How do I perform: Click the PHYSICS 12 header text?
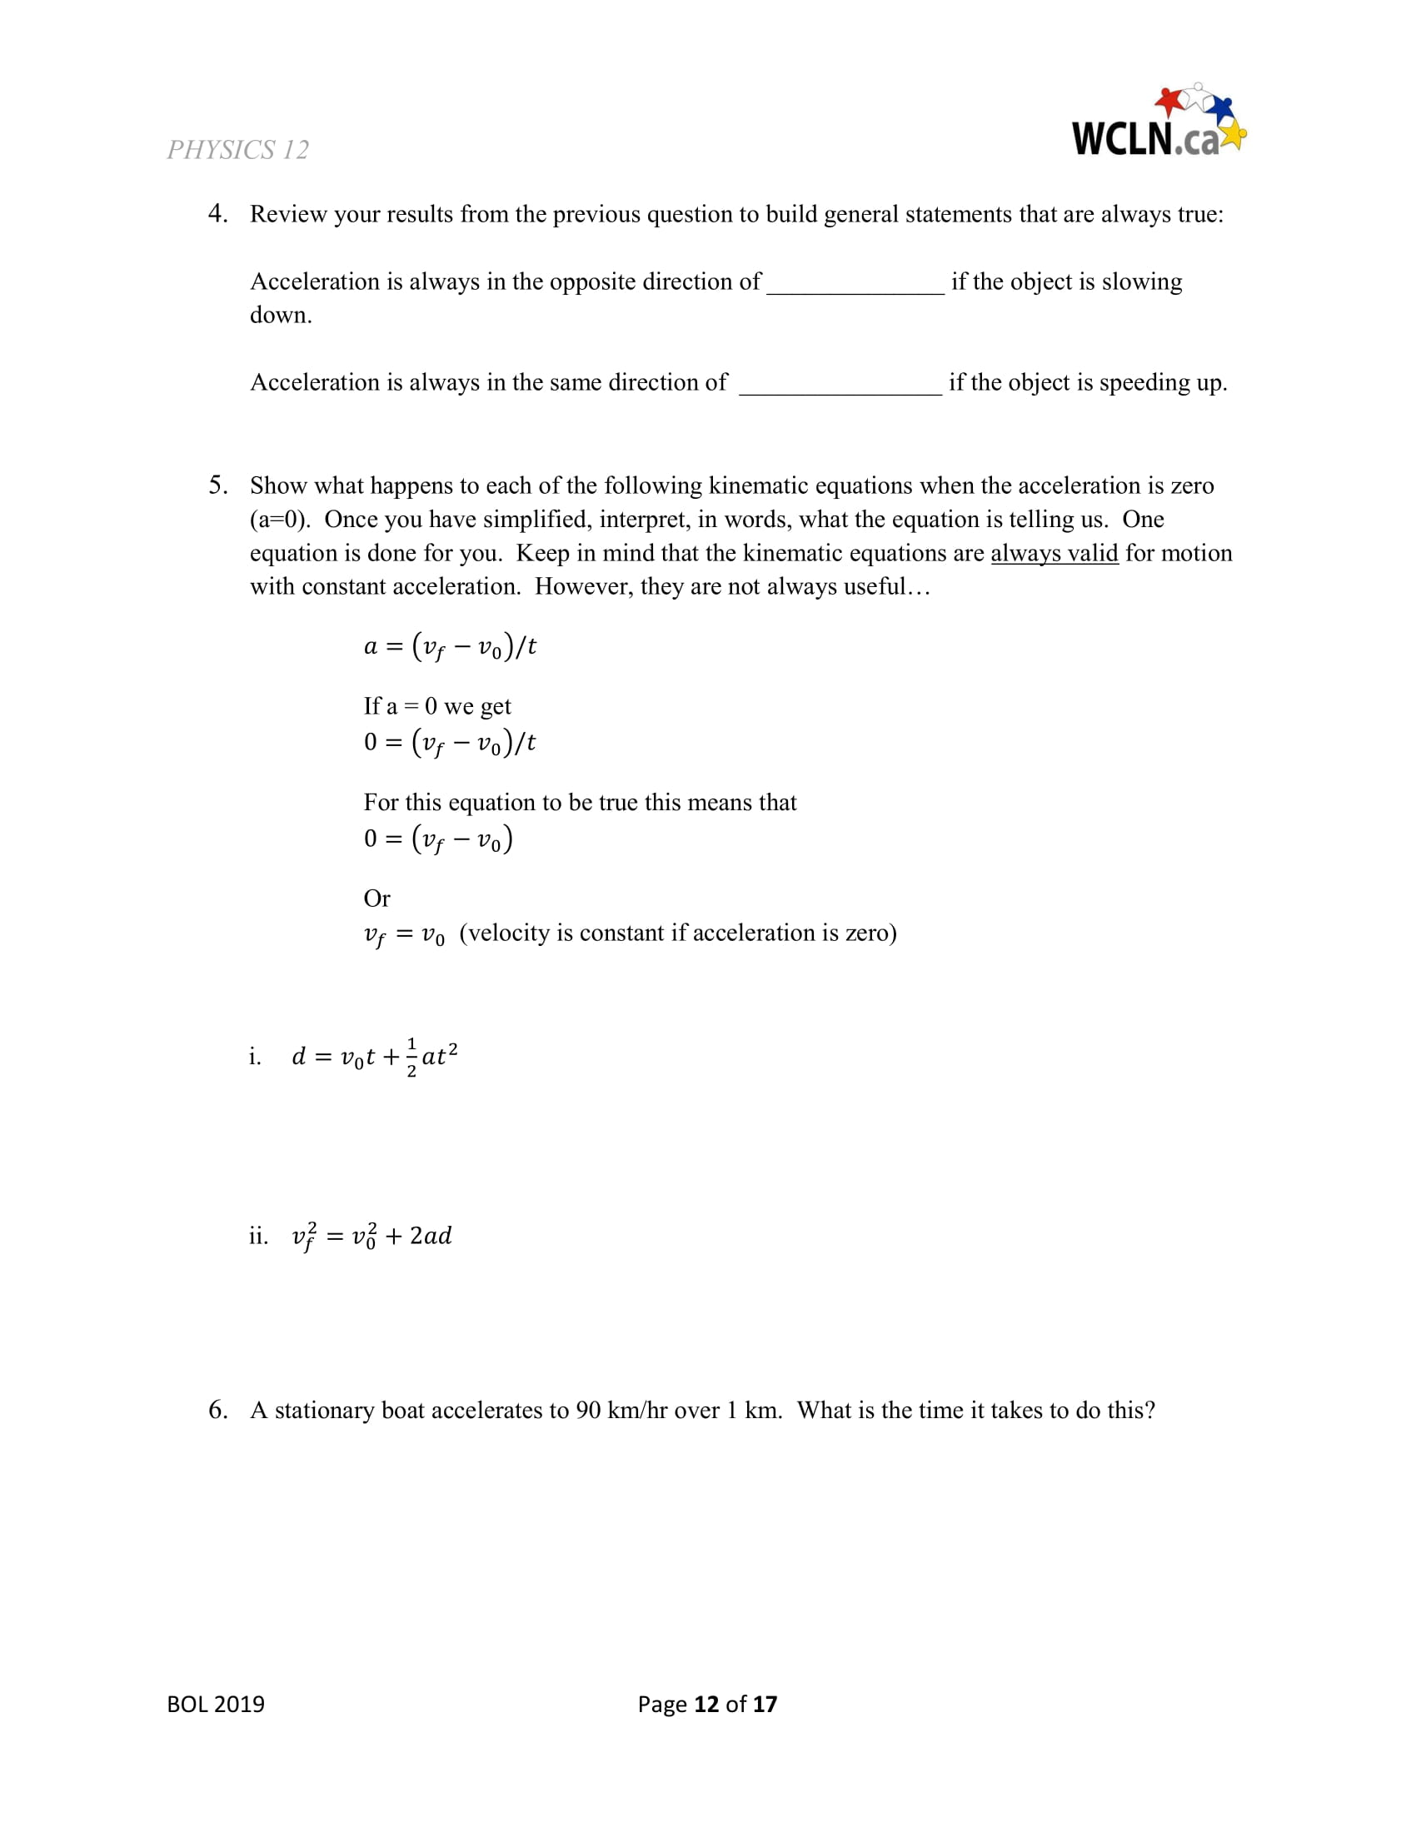click(237, 150)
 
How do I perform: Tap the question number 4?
click(217, 214)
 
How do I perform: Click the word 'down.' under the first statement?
click(280, 316)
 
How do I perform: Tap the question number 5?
click(217, 485)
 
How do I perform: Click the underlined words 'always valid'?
click(1054, 554)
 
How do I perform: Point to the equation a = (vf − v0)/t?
click(450, 647)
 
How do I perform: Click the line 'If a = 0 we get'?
click(436, 706)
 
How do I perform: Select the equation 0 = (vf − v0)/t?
click(450, 742)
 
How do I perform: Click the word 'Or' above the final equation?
click(376, 899)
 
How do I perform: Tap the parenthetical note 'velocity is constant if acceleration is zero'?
click(678, 933)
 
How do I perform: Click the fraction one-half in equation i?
click(411, 1057)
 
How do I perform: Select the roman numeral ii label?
click(258, 1236)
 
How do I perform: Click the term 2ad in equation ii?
click(431, 1236)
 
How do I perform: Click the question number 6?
click(217, 1410)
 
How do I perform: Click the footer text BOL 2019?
click(216, 1704)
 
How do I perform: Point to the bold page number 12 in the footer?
click(706, 1704)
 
